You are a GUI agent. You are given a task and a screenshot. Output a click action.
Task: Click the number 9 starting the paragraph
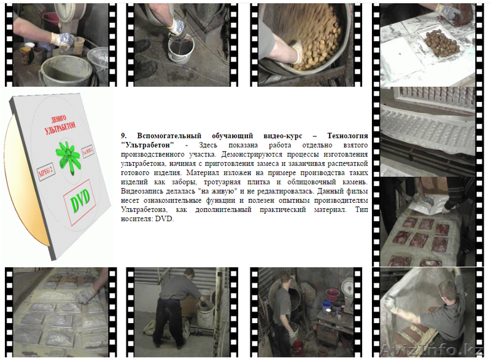123,135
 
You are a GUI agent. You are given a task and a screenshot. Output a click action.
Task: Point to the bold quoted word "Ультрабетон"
146,144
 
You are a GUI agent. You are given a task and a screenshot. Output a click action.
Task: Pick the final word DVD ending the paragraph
164,218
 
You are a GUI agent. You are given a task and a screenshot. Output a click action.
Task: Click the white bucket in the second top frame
181,49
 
